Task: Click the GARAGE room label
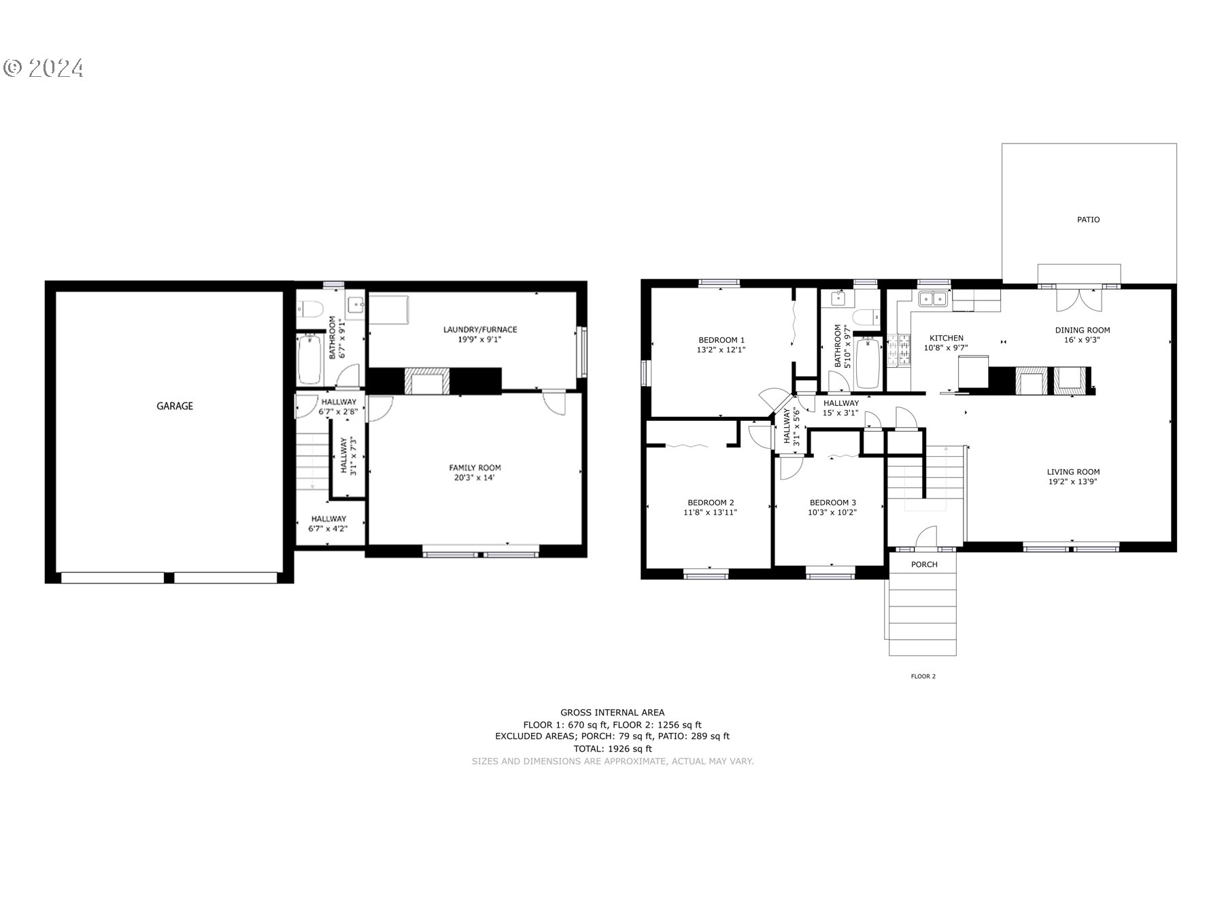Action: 175,406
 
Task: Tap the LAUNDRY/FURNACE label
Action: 480,330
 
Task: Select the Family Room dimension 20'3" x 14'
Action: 475,477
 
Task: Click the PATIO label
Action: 1088,220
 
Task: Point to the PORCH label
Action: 924,564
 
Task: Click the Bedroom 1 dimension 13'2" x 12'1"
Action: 721,350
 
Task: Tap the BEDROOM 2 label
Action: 711,503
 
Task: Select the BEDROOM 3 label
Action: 832,503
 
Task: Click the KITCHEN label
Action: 946,338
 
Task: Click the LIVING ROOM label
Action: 1073,472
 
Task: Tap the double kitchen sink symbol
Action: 933,299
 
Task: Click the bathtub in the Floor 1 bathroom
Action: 310,358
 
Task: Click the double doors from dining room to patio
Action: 1078,300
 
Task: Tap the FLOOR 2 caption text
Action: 923,677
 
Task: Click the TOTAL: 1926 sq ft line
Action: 612,749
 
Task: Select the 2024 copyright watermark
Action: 44,68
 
